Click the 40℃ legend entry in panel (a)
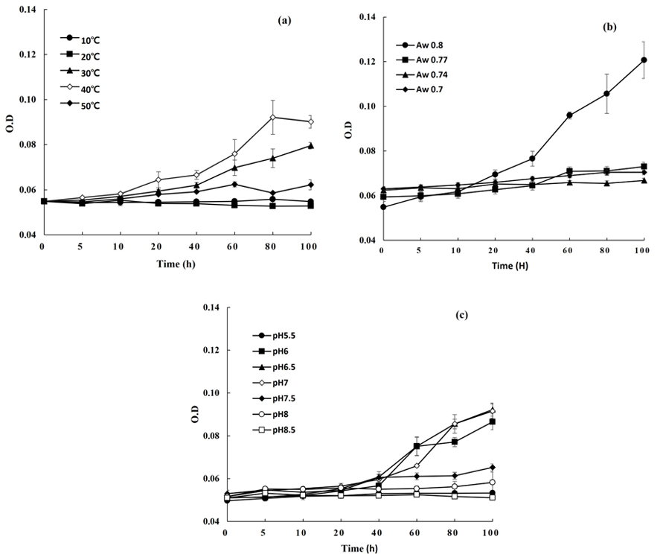pyautogui.click(x=80, y=89)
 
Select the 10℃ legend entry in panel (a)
pyautogui.click(x=80, y=39)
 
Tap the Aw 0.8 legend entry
pyautogui.click(x=420, y=45)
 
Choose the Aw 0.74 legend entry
pyautogui.click(x=422, y=74)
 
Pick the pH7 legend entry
pyautogui.click(x=271, y=383)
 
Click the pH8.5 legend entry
pyautogui.click(x=274, y=430)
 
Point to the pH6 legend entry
pyautogui.click(x=271, y=351)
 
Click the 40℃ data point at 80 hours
pyautogui.click(x=273, y=117)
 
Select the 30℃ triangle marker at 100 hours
pyautogui.click(x=311, y=146)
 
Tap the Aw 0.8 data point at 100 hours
pyautogui.click(x=644, y=60)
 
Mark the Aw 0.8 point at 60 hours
pyautogui.click(x=569, y=115)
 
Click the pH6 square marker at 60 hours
pyautogui.click(x=417, y=446)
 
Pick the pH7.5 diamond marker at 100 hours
pyautogui.click(x=492, y=468)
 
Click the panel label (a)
pyautogui.click(x=284, y=20)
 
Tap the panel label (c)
pyautogui.click(x=462, y=315)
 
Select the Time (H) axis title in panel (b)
pyautogui.click(x=510, y=266)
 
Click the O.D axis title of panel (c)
pyautogui.click(x=196, y=414)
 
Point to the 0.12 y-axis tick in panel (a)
pyautogui.click(x=28, y=54)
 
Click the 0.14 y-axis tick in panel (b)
pyautogui.click(x=368, y=17)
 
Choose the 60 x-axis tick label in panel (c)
pyautogui.click(x=414, y=532)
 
